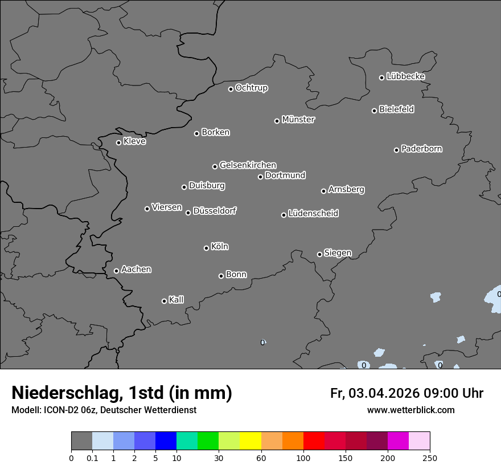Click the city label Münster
click(298, 120)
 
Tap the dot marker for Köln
click(206, 248)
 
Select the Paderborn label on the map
click(421, 149)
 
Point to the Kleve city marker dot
click(118, 142)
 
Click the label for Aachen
click(136, 270)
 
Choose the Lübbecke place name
click(405, 76)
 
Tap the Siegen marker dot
click(319, 254)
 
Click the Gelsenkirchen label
click(248, 165)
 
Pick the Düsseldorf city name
click(215, 211)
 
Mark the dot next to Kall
click(164, 301)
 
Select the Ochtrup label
click(251, 88)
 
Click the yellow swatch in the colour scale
click(250, 441)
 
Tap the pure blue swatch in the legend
click(166, 441)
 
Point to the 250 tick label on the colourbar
click(430, 458)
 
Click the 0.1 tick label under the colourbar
click(92, 458)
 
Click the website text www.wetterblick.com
click(410, 410)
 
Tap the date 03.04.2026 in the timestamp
click(384, 393)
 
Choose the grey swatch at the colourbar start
click(81, 441)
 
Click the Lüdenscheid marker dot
click(284, 215)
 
